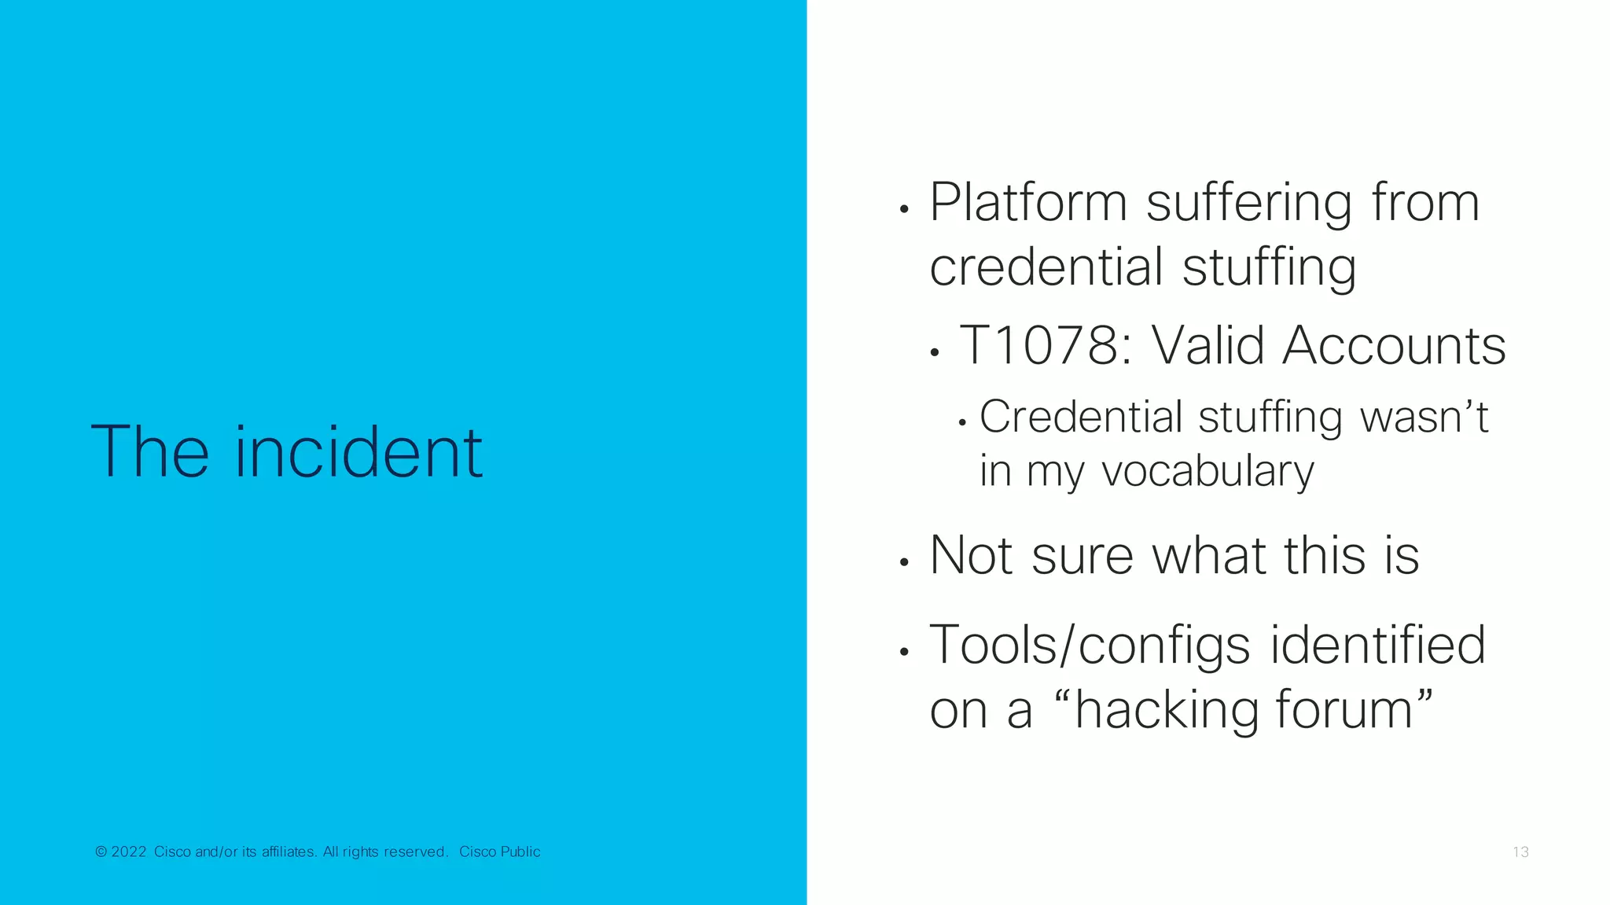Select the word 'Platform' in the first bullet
[1028, 203]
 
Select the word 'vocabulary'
[1207, 472]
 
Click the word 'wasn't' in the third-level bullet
[1424, 417]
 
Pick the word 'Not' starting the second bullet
[971, 555]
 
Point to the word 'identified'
[1377, 645]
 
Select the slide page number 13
[1520, 852]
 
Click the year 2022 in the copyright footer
[128, 852]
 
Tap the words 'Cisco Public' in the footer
[499, 852]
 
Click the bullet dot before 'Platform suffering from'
[904, 209]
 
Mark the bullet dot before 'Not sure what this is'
[904, 562]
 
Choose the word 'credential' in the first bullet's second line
[1046, 267]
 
